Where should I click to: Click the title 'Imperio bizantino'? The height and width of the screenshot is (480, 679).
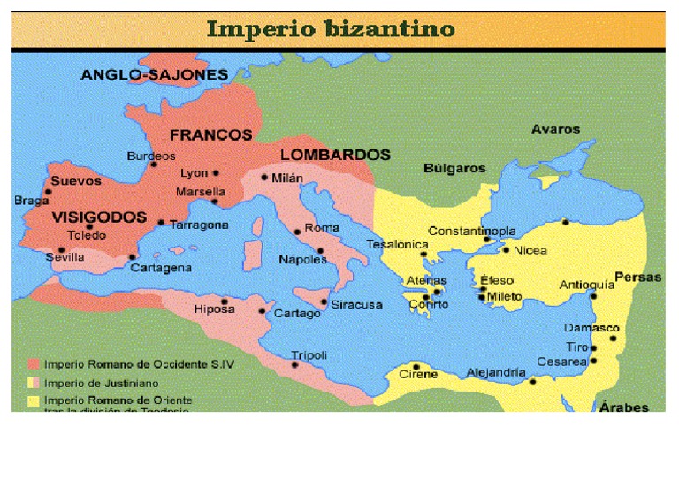coord(331,29)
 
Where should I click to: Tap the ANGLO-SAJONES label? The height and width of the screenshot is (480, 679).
coord(154,75)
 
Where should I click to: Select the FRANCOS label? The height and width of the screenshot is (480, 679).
coord(210,135)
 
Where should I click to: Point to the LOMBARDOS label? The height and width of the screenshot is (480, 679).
coord(335,155)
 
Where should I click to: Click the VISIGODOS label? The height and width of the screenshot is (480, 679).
coord(99,217)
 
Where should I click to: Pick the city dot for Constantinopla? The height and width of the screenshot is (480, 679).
coord(486,240)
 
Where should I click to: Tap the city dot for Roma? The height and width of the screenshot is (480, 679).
coord(297,232)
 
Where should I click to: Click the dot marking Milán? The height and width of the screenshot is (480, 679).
coord(264,177)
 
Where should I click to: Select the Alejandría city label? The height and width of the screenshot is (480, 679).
coord(496,372)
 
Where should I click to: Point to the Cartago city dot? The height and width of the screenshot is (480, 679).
coord(262,311)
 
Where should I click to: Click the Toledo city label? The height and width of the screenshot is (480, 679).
coord(88,235)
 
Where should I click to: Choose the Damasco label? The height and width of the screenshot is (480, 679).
coord(591,328)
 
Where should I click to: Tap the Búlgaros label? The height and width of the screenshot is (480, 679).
coord(454,168)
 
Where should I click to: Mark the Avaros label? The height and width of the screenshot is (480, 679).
coord(555,129)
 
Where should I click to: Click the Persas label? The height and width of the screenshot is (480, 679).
coord(637,277)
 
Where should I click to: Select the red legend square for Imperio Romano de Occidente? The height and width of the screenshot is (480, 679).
coord(34,363)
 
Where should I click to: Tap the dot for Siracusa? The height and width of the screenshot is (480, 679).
coord(324,302)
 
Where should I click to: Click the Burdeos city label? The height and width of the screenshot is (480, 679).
coord(151,156)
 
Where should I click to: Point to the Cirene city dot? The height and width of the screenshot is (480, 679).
coord(415,366)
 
